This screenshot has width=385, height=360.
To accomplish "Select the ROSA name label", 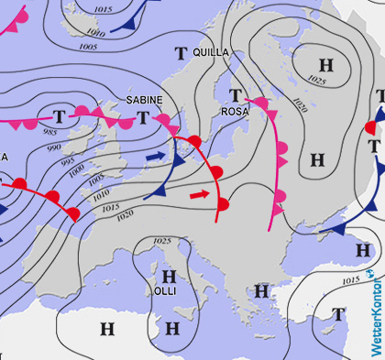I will [x=235, y=111].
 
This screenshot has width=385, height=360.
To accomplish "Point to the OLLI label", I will [x=165, y=290].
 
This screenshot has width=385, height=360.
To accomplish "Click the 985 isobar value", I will [x=53, y=134].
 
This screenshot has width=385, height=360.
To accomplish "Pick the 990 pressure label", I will [x=54, y=147].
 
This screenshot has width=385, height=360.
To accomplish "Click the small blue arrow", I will [x=157, y=158].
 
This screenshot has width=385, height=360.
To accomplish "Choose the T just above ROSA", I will [x=236, y=94].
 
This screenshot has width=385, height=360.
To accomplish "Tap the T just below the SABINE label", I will [x=143, y=116].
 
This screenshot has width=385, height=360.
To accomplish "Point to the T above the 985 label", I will [x=59, y=116].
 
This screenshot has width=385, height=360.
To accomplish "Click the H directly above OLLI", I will [x=168, y=275].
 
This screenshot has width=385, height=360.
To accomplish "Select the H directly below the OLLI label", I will [x=170, y=327].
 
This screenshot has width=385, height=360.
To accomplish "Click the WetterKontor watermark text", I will [x=374, y=311].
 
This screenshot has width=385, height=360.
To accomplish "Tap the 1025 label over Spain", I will [x=162, y=241].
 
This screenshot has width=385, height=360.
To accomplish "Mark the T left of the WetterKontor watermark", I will [x=338, y=314].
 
